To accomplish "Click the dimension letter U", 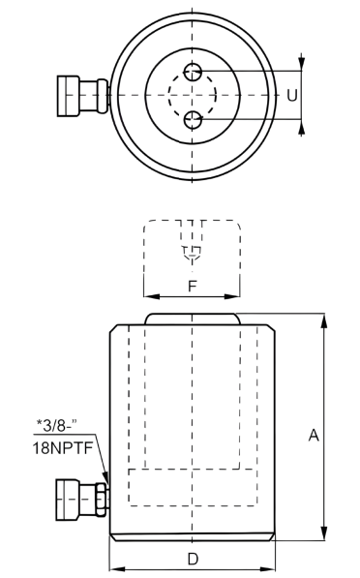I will tap(291, 95).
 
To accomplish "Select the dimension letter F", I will tap(192, 287).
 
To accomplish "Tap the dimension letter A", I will tap(314, 437).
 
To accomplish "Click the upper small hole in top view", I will tap(193, 72).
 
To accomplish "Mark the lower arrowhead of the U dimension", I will tap(303, 125).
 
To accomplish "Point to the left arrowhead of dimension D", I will tap(115, 568).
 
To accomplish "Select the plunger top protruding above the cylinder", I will tap(192, 319).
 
